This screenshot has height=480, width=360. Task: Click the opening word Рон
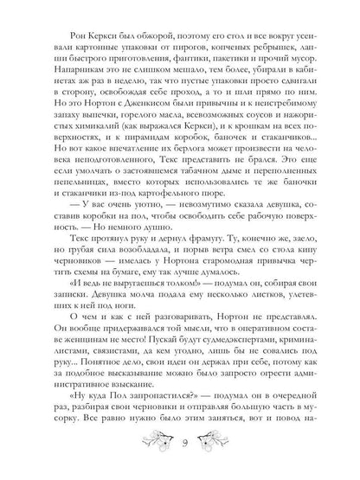pyautogui.click(x=64, y=53)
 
